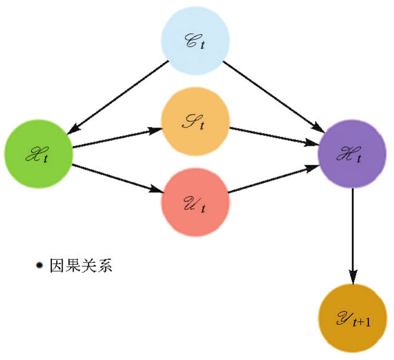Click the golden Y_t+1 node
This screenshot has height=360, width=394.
[x=353, y=318]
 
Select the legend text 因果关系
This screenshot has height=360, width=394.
[x=81, y=266]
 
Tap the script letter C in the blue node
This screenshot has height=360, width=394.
[x=190, y=40]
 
